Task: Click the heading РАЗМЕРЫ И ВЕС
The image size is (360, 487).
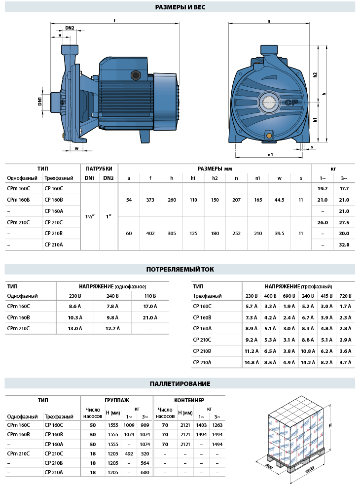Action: [x=180, y=7]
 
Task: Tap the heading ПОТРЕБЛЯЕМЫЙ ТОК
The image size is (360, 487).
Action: [x=180, y=270]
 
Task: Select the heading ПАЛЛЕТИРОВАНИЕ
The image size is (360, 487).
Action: [x=180, y=383]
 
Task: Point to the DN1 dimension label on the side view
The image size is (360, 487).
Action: [x=40, y=101]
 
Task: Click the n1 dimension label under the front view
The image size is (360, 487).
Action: [x=270, y=155]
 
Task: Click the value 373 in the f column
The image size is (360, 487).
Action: [x=150, y=200]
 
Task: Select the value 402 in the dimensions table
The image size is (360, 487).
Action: [x=150, y=233]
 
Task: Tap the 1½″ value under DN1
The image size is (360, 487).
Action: [x=90, y=216]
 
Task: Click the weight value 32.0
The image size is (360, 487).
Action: [x=344, y=244]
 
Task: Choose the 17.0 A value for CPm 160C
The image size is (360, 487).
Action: [x=150, y=306]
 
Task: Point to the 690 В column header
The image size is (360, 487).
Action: [x=288, y=296]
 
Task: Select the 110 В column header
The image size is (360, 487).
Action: [x=150, y=296]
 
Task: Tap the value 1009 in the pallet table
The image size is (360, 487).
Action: [x=129, y=425]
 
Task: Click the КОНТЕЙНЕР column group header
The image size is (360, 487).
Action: [x=189, y=400]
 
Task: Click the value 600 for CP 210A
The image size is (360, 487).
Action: [x=144, y=472]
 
